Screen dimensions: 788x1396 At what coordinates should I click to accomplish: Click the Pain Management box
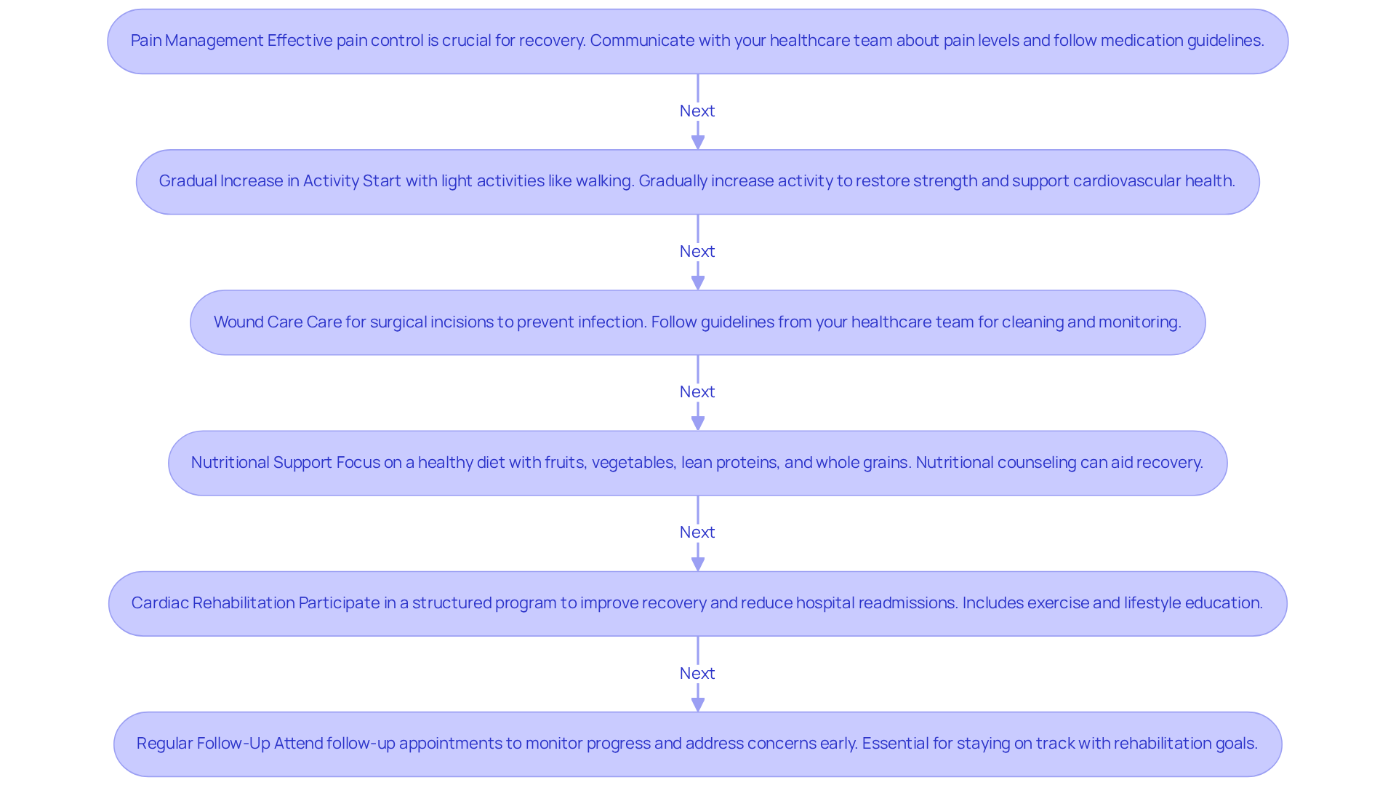click(697, 41)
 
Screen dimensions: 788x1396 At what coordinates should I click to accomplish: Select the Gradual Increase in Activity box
click(697, 181)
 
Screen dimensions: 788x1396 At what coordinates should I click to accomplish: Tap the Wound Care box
click(697, 322)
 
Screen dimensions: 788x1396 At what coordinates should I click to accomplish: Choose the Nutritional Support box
click(697, 463)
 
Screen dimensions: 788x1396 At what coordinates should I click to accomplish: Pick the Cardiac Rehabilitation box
click(697, 603)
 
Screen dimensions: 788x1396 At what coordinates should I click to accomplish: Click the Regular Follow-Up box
click(697, 744)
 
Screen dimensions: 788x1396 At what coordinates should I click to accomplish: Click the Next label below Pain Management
click(697, 111)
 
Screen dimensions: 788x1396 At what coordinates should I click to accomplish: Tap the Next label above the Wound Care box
click(697, 251)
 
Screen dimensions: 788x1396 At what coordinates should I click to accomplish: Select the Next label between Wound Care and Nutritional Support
click(697, 391)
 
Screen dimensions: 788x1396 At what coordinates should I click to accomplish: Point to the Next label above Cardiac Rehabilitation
click(697, 532)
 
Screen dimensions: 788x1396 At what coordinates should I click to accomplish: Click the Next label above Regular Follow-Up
click(697, 673)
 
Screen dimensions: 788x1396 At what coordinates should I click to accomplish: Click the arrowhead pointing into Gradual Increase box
click(698, 142)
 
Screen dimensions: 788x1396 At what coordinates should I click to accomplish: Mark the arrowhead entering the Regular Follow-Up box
click(698, 704)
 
